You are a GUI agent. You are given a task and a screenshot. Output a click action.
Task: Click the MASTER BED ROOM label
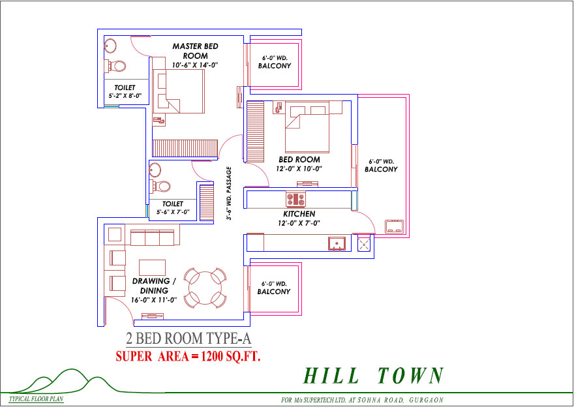195,51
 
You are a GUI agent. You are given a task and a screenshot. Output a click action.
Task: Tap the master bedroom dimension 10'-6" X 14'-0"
195,65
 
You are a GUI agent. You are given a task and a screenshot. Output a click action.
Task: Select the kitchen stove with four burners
295,200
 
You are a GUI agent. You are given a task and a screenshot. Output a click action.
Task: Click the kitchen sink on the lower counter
337,244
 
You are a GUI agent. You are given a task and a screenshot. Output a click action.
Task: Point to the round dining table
205,288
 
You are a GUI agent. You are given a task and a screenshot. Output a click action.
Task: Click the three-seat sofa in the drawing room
152,237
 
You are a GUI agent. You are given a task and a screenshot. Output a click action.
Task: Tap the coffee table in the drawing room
152,267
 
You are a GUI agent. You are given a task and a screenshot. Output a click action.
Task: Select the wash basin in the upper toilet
110,46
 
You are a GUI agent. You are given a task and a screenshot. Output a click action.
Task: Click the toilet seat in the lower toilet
162,187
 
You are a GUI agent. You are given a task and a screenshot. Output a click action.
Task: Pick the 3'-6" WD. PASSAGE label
229,193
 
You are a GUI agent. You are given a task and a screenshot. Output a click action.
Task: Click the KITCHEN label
299,214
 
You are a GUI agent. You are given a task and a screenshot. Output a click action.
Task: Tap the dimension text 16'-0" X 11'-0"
154,300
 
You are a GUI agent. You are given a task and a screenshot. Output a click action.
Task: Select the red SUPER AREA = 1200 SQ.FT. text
188,356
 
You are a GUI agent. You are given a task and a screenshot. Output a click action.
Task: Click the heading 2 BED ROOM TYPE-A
189,339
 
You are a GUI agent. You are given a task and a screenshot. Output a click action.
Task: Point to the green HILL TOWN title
374,376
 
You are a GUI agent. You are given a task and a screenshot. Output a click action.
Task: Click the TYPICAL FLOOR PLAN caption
35,399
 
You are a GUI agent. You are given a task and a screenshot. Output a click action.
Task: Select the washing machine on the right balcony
394,226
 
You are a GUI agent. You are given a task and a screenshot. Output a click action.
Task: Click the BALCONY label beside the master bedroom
275,66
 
